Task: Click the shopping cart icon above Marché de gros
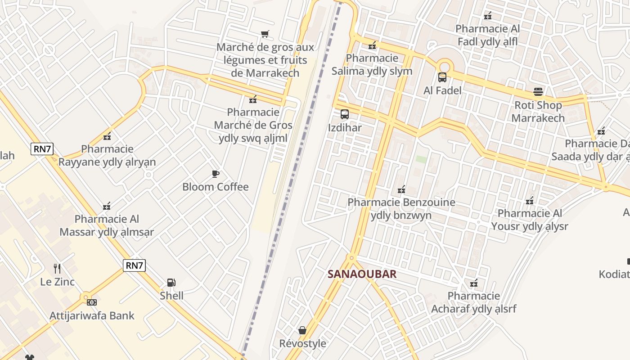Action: (x=265, y=34)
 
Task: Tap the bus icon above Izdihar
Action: (x=345, y=114)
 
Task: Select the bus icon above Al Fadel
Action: (x=442, y=77)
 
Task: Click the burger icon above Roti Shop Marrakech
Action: (x=538, y=92)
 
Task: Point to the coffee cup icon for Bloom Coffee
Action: (x=216, y=174)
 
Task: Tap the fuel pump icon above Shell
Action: (x=171, y=283)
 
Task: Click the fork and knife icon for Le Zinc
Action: (x=57, y=269)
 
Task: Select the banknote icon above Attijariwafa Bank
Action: (x=92, y=302)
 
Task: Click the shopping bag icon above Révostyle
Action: (x=302, y=330)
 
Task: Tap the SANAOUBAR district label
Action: (x=362, y=274)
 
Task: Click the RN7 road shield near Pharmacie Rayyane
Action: (x=42, y=149)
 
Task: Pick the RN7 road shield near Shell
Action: (x=134, y=265)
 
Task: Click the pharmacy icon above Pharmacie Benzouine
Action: (x=401, y=189)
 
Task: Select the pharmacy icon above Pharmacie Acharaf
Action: (x=474, y=283)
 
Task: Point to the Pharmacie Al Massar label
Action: (x=107, y=225)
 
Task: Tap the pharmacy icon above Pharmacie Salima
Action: (x=372, y=45)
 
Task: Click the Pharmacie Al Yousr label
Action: (x=530, y=220)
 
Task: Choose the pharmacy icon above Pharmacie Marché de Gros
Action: (x=253, y=99)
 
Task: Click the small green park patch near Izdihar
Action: (x=421, y=159)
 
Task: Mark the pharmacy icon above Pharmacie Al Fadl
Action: (x=488, y=16)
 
